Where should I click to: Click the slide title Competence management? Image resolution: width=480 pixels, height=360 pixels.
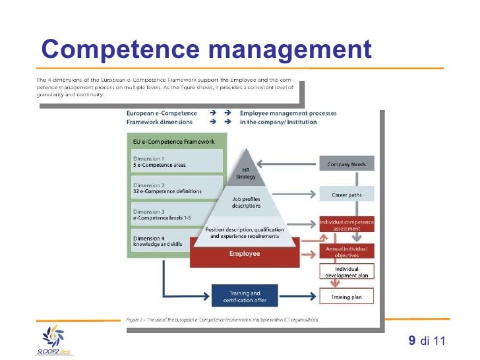pos(206,49)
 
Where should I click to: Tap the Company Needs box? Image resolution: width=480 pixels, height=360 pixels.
pos(347,164)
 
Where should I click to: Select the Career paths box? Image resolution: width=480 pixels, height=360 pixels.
pos(347,194)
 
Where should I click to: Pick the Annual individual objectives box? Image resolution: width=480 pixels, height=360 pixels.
pos(347,251)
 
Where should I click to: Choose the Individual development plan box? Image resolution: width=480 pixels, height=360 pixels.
pos(347,272)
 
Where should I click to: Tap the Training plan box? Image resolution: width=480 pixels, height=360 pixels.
pos(347,297)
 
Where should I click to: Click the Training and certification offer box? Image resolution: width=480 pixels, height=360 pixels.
pos(245,296)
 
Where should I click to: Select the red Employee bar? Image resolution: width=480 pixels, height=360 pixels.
pos(245,253)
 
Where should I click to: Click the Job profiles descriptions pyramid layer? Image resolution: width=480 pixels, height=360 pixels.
pos(246,202)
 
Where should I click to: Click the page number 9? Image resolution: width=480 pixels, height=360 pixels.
pos(412,340)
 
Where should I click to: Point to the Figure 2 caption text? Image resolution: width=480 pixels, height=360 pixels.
pos(222,320)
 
